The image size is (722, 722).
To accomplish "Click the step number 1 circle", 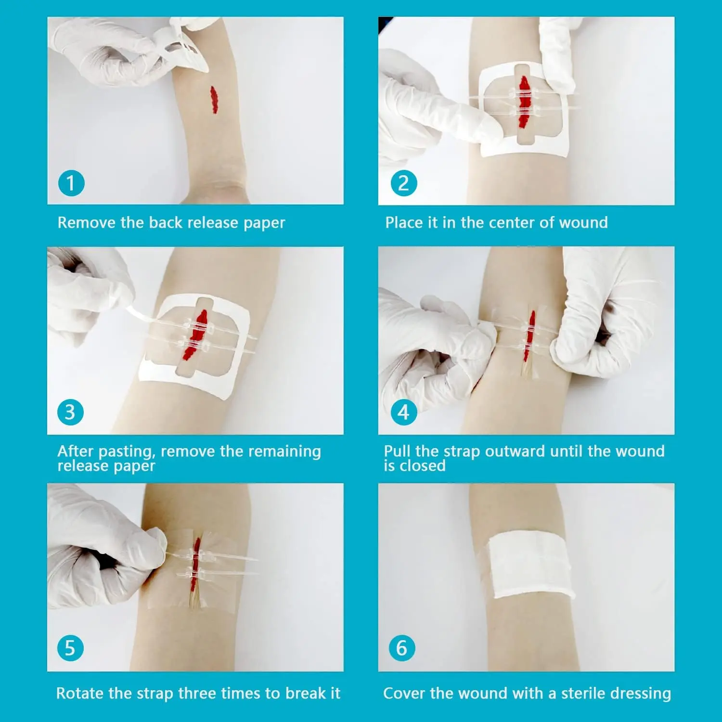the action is click(x=71, y=183).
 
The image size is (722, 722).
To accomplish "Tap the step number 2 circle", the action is click(x=403, y=183).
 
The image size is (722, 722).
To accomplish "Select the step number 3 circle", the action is click(x=70, y=412).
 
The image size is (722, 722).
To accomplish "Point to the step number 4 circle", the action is click(x=403, y=412).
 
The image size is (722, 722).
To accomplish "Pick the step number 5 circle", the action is click(x=70, y=648).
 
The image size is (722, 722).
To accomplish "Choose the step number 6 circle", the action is click(x=402, y=648).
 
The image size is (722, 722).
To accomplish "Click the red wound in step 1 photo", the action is click(x=213, y=100).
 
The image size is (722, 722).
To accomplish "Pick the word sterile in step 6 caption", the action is click(x=587, y=693).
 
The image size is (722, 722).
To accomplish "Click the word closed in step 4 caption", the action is click(x=425, y=466).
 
